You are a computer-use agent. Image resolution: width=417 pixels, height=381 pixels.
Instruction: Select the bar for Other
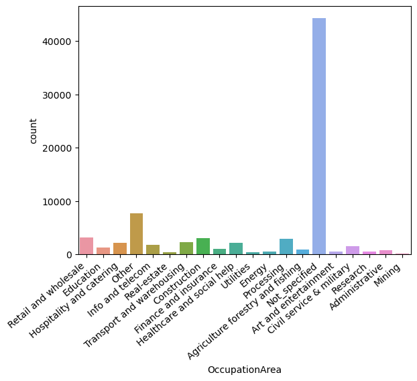pos(136,234)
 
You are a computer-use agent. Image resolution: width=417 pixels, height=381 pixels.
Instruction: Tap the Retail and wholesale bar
pos(86,246)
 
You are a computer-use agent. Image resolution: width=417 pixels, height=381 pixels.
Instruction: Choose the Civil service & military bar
pos(353,250)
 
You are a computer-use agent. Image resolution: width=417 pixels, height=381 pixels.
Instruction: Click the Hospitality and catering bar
pos(120,249)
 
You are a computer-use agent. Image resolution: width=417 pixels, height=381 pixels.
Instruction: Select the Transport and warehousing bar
pos(186,248)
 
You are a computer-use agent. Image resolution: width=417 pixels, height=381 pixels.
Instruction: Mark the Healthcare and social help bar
pos(236,249)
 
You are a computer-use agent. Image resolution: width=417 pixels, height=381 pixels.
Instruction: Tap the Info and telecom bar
pos(153,250)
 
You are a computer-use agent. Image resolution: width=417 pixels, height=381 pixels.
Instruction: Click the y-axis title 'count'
pos(34,131)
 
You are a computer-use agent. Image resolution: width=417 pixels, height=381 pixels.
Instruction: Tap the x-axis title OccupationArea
pos(245,370)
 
